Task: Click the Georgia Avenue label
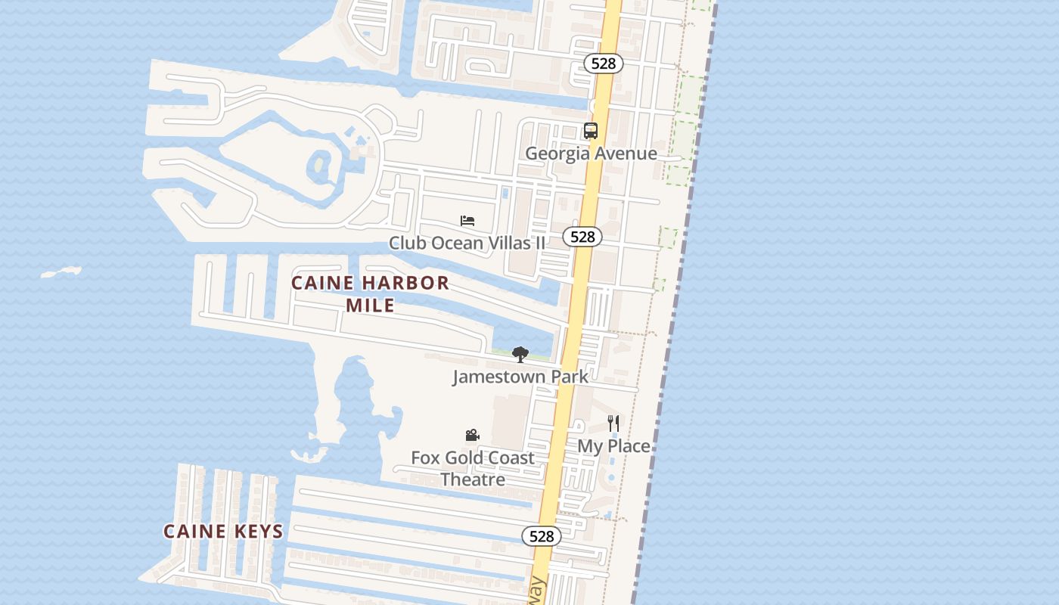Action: click(x=591, y=154)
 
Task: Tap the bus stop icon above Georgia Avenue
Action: click(x=591, y=131)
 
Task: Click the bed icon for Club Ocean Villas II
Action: click(x=467, y=221)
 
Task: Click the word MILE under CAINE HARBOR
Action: click(x=370, y=306)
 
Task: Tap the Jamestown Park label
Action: click(x=520, y=376)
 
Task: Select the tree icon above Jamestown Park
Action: click(x=520, y=354)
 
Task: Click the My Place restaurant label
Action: click(x=613, y=446)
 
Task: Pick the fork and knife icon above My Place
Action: click(x=613, y=423)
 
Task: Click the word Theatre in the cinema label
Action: click(x=473, y=479)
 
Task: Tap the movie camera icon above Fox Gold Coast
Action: click(x=473, y=436)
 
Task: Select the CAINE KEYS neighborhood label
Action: click(x=223, y=532)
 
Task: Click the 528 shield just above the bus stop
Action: click(x=603, y=64)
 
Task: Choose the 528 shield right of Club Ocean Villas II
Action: click(x=582, y=237)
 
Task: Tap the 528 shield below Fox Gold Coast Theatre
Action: click(x=542, y=536)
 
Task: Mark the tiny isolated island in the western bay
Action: click(x=61, y=271)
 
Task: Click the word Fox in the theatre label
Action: click(x=425, y=458)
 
